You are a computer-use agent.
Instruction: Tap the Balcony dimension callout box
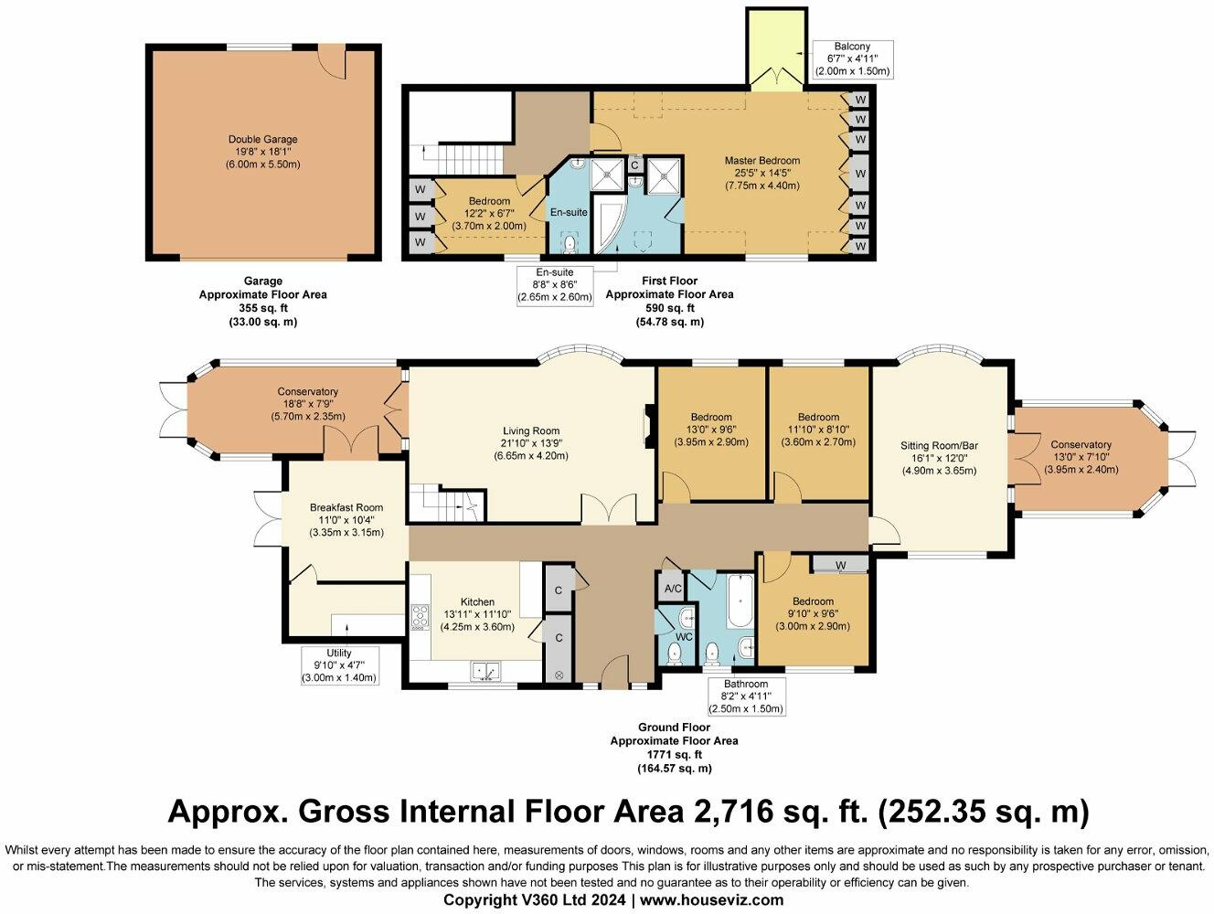[x=852, y=59]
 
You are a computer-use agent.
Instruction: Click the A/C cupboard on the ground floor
[x=673, y=589]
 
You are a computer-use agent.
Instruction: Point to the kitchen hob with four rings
[x=420, y=618]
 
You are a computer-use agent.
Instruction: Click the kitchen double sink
[x=485, y=671]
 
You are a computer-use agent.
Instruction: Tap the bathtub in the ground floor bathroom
[x=740, y=600]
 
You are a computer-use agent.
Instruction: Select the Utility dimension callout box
[x=339, y=665]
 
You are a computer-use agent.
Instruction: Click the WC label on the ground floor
[x=684, y=636]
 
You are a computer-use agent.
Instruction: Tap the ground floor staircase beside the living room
[x=447, y=503]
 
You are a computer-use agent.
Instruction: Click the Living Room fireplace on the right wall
[x=650, y=426]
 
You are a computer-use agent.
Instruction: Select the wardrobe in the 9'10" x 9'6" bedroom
[x=839, y=565]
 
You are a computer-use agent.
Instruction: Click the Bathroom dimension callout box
[x=746, y=696]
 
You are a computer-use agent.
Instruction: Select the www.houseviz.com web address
[x=712, y=899]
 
